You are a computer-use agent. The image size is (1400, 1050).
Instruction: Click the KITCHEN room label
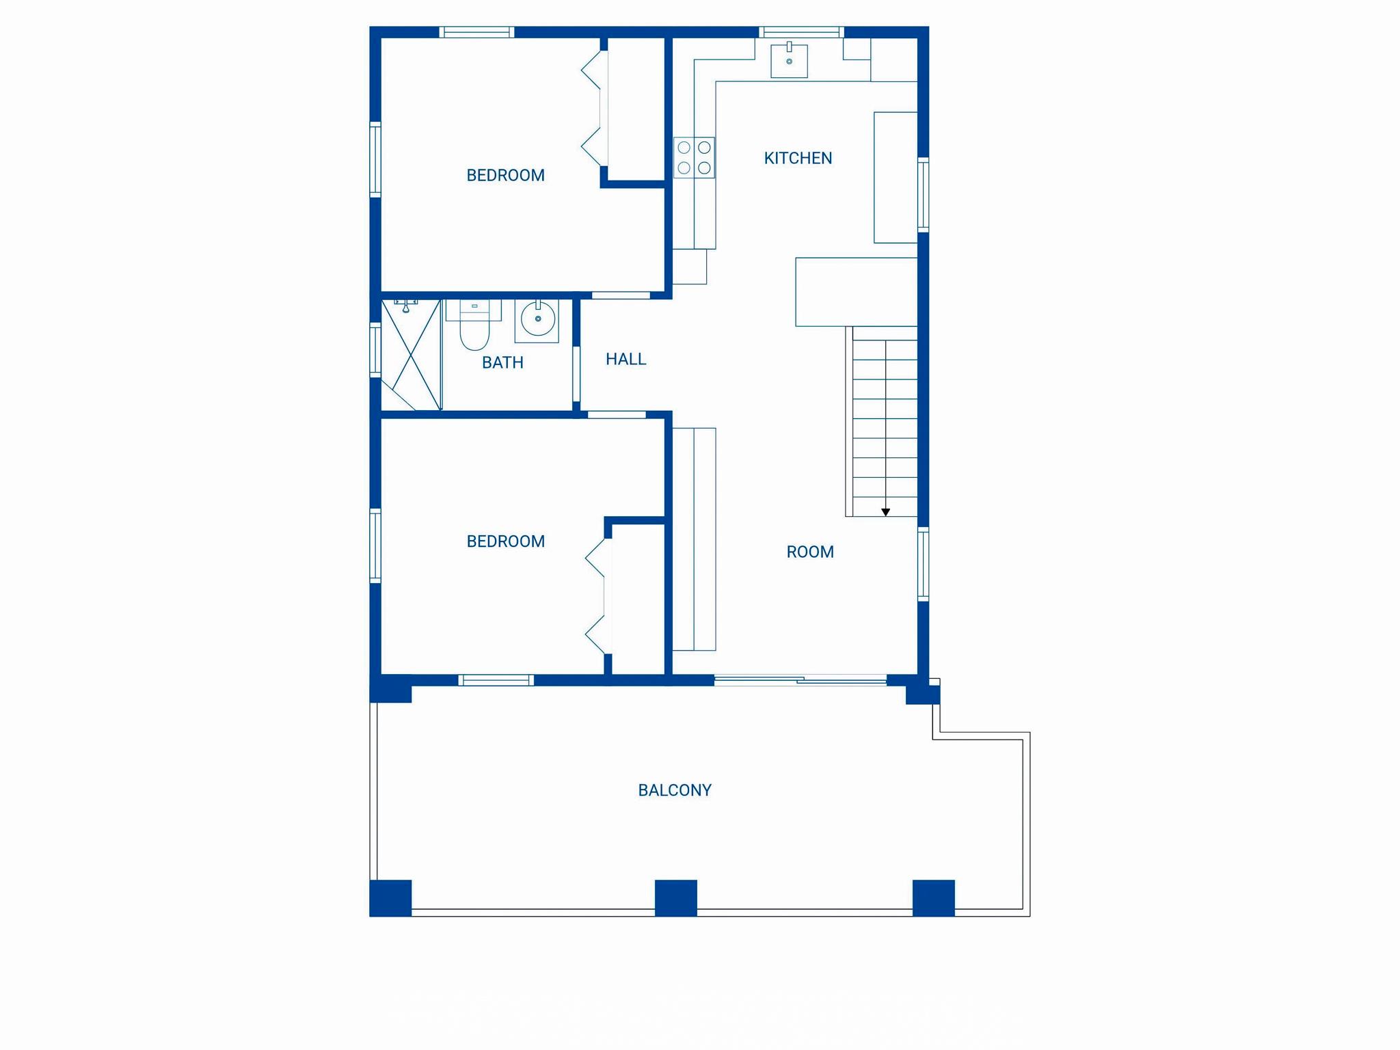(x=798, y=158)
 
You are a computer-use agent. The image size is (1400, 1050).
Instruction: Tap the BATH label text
(x=502, y=362)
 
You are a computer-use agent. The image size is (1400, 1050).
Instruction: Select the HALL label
(x=625, y=359)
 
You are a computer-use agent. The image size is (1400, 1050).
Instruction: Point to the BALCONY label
(x=675, y=790)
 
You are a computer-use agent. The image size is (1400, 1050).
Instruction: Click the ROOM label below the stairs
(x=810, y=552)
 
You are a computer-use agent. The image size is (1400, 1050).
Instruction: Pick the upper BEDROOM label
(x=505, y=176)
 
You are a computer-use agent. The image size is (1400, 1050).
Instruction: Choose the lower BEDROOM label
(x=505, y=541)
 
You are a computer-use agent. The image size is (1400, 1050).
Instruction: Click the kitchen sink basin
(x=789, y=61)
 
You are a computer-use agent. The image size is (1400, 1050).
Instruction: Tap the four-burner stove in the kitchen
(x=694, y=157)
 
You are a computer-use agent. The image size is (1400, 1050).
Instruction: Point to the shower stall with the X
(x=411, y=355)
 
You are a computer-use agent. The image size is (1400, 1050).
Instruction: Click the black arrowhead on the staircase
(x=885, y=512)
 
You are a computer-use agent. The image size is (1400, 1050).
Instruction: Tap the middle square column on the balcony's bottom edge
(x=676, y=898)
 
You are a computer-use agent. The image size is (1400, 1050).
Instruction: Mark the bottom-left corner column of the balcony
(x=390, y=898)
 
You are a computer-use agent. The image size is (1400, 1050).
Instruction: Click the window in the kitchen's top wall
(x=801, y=31)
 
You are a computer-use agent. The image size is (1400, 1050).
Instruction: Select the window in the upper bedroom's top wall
(x=476, y=31)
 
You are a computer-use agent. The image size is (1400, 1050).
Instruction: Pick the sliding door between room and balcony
(x=800, y=679)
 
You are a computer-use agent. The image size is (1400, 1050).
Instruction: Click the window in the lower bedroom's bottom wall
(x=496, y=679)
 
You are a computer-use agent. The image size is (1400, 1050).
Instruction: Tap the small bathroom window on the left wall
(x=375, y=349)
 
